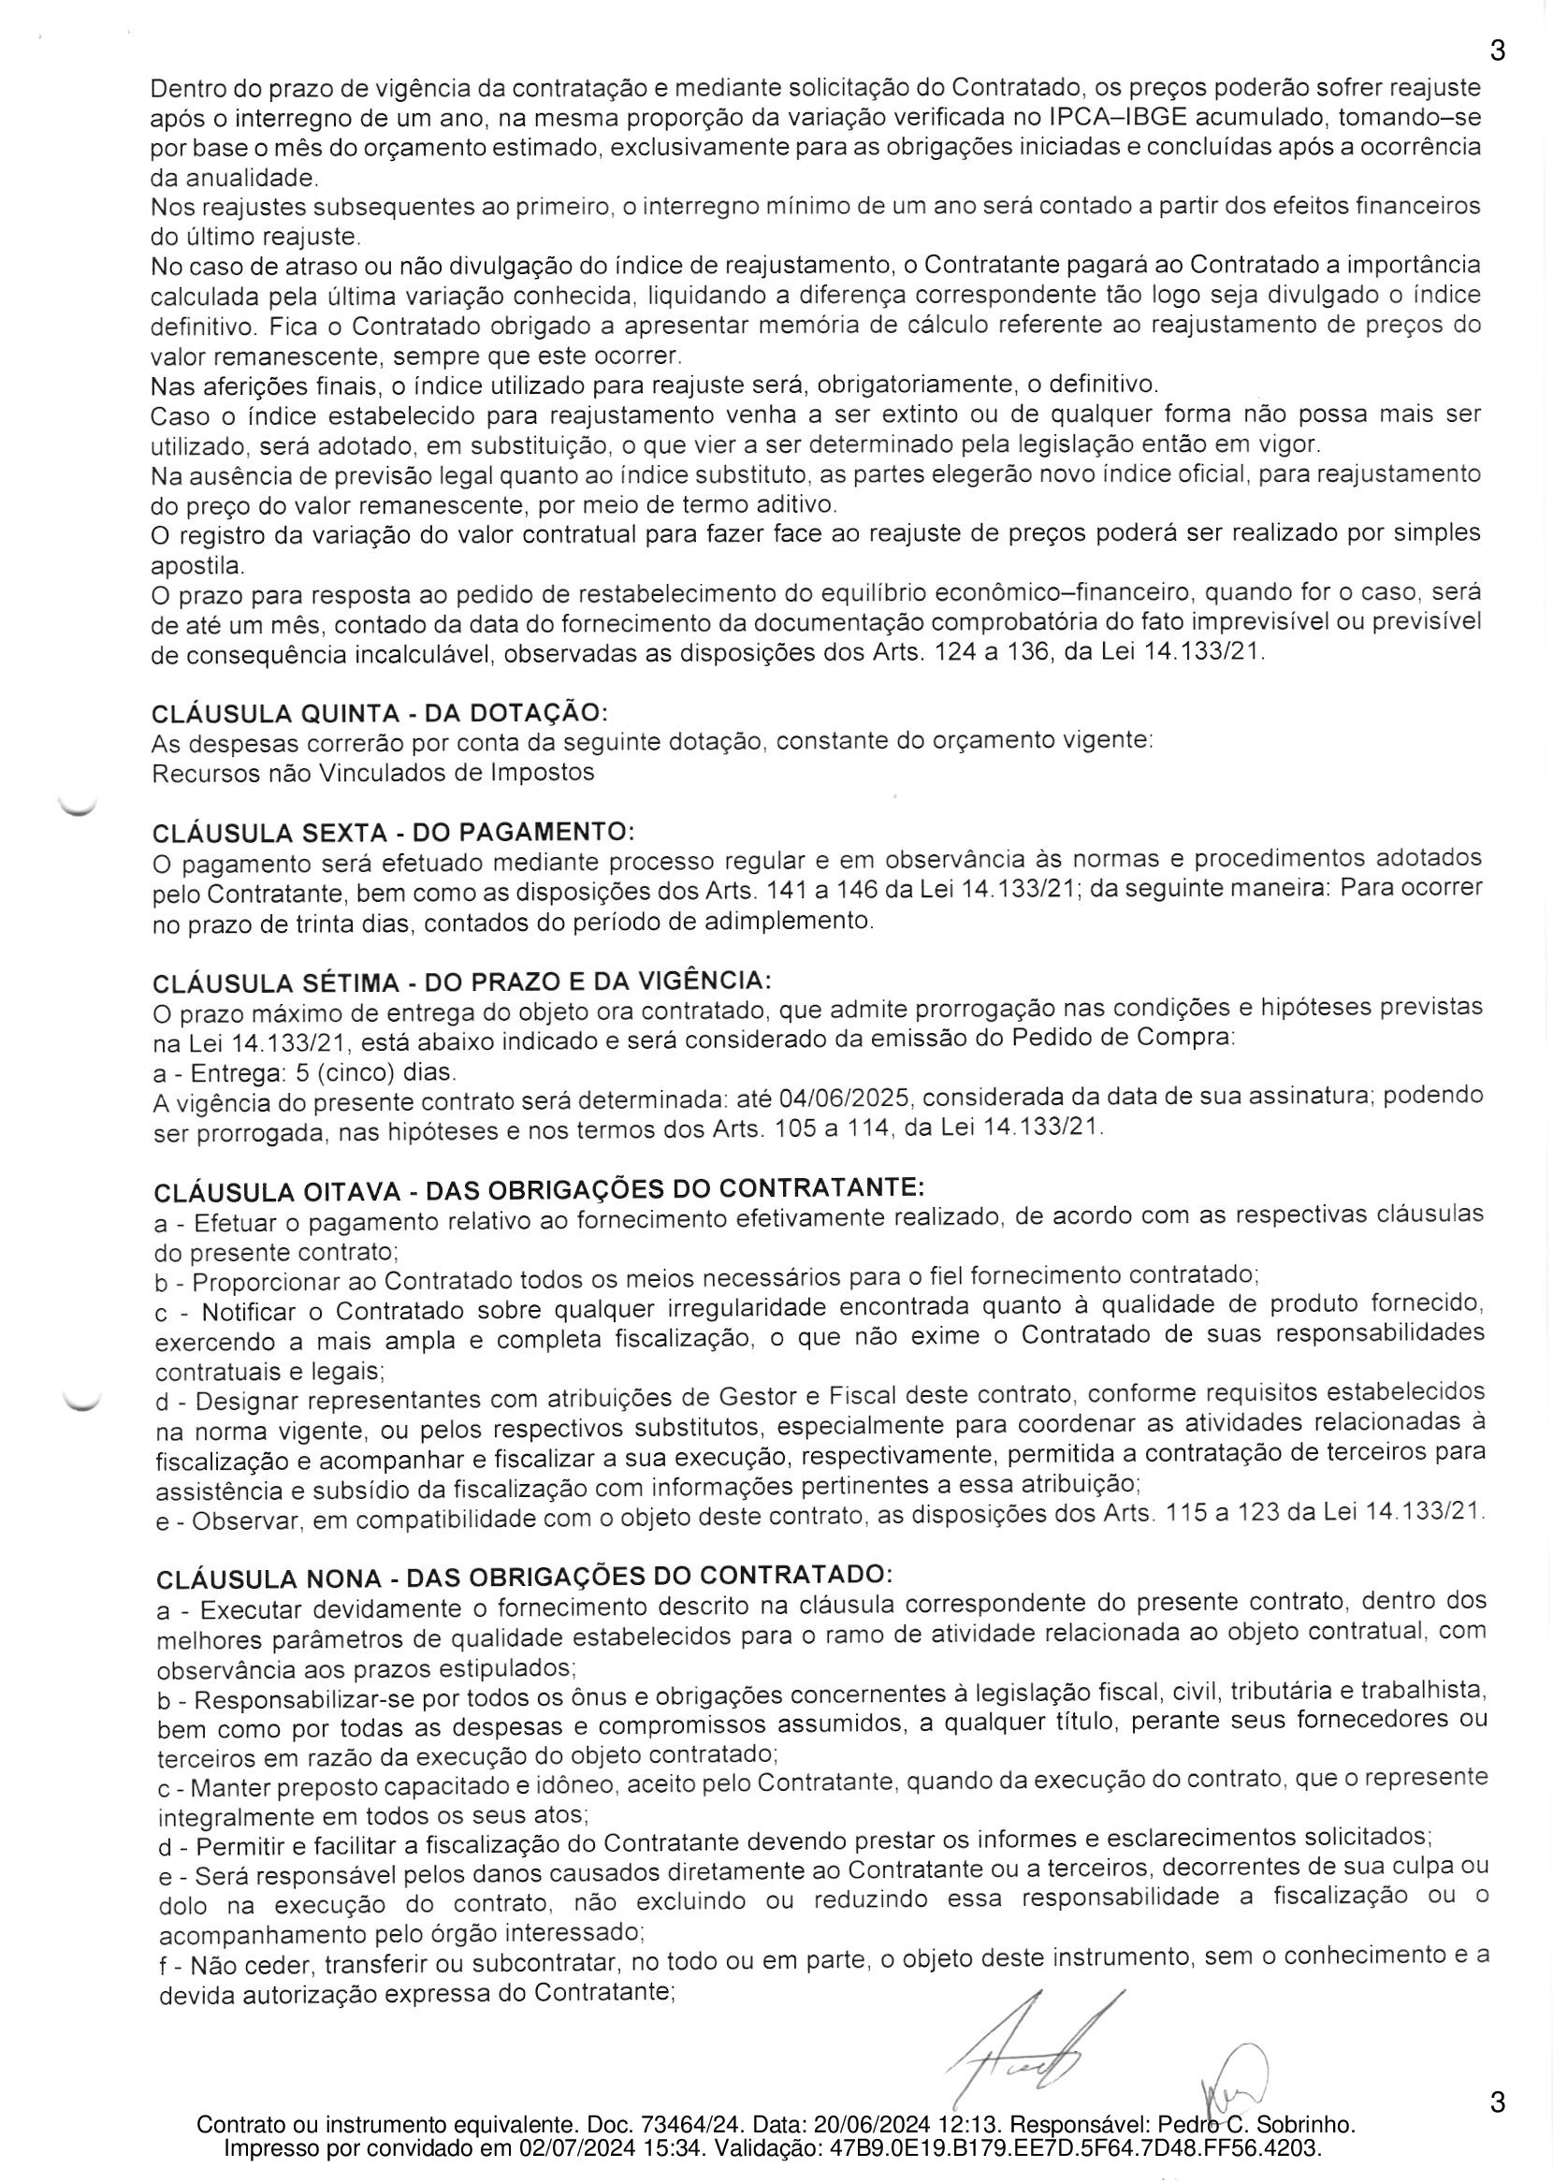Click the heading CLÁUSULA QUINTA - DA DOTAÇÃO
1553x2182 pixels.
(x=380, y=713)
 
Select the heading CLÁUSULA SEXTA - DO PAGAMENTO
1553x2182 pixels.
(x=393, y=832)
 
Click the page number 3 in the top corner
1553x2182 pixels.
(x=1498, y=51)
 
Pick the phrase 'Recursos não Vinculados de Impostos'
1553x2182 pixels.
(x=373, y=773)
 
